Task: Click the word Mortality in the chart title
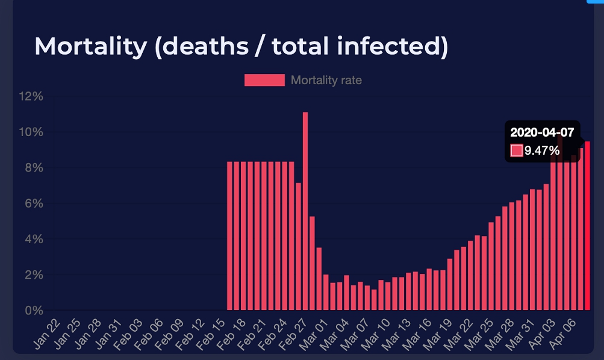tap(90, 47)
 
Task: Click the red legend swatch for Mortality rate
tap(264, 80)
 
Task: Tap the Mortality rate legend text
tap(326, 80)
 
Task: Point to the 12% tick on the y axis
tap(30, 96)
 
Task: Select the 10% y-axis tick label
tap(30, 132)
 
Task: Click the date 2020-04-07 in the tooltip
tap(542, 132)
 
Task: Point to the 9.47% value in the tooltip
tap(542, 151)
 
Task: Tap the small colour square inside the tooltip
tap(517, 151)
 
